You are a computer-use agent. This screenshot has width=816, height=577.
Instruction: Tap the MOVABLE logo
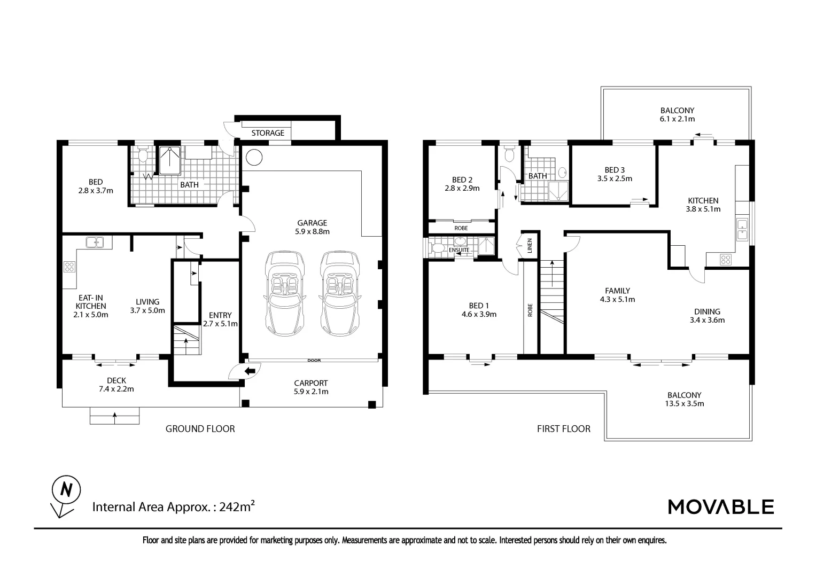pyautogui.click(x=721, y=506)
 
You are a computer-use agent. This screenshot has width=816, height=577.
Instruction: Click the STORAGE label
pyautogui.click(x=268, y=132)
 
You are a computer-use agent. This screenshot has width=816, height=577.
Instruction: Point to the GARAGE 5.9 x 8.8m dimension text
pyautogui.click(x=312, y=231)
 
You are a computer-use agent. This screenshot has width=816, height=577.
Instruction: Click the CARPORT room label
pyautogui.click(x=310, y=383)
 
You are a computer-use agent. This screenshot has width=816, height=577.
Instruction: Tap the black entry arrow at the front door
pyautogui.click(x=250, y=371)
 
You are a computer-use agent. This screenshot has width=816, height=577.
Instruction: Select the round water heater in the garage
pyautogui.click(x=254, y=158)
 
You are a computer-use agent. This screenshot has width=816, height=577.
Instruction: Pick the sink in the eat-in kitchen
pyautogui.click(x=95, y=242)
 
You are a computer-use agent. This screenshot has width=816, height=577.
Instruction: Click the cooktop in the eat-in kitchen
pyautogui.click(x=69, y=266)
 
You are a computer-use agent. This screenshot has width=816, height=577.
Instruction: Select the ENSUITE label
pyautogui.click(x=459, y=250)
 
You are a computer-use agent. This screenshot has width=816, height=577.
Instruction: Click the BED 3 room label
pyautogui.click(x=615, y=170)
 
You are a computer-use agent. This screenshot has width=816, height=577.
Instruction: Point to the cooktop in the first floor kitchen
pyautogui.click(x=726, y=260)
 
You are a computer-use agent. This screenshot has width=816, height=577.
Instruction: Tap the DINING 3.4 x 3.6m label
pyautogui.click(x=707, y=316)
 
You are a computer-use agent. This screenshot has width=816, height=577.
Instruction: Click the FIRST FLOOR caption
pyautogui.click(x=563, y=428)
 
